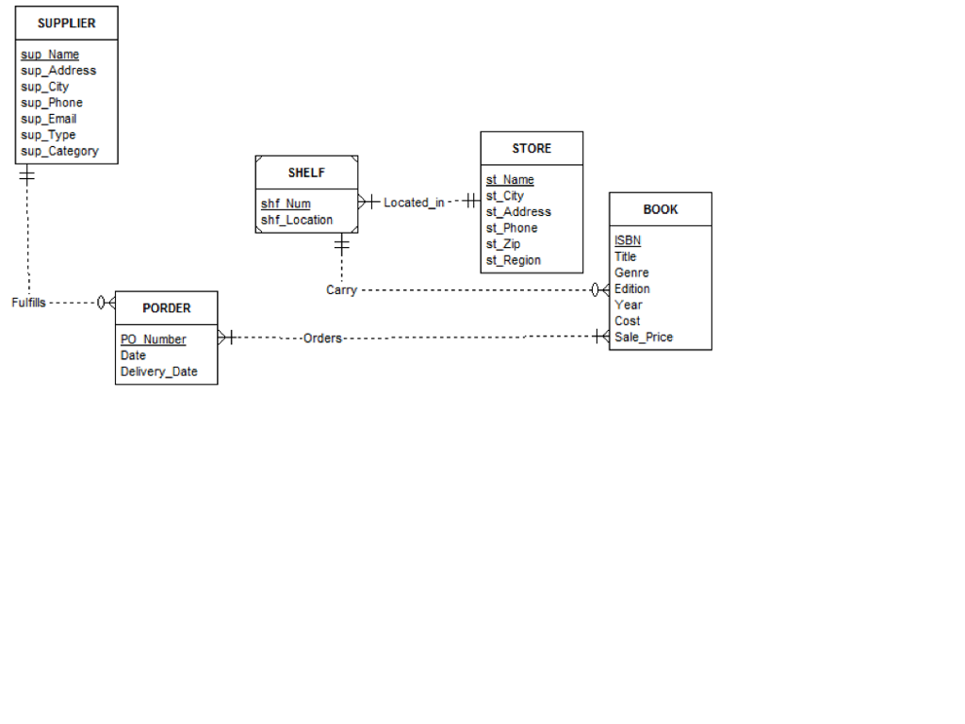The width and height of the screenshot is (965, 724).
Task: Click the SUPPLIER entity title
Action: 66,23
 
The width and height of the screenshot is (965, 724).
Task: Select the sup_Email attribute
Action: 49,119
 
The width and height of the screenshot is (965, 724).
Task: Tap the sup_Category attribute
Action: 59,151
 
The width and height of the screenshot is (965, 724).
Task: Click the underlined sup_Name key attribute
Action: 50,55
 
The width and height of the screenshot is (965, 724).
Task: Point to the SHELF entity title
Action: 306,173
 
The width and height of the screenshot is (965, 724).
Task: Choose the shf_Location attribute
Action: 297,220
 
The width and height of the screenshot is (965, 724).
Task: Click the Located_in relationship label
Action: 414,203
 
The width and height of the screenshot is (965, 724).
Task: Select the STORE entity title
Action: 532,148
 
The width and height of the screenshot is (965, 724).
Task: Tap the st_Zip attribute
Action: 504,244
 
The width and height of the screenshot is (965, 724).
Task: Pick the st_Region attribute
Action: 514,260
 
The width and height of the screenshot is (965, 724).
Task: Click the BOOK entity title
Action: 661,209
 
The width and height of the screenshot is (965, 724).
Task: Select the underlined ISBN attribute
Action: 628,240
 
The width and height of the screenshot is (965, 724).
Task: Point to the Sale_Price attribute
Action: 644,337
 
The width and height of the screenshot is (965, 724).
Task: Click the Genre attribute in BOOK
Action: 631,272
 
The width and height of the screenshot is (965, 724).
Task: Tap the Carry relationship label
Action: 341,290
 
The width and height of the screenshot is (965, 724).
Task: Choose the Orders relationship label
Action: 322,337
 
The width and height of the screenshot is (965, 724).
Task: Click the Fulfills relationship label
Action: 28,303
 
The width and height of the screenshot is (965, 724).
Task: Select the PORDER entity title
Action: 167,307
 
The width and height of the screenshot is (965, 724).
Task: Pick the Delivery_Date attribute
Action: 159,371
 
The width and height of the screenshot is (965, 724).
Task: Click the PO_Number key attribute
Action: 154,339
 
